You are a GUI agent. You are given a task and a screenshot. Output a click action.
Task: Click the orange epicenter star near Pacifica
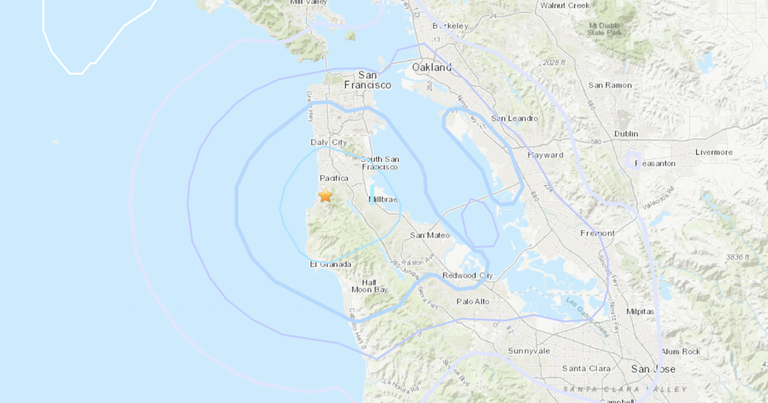(x=325, y=195)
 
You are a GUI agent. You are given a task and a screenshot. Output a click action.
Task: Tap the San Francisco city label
(x=367, y=79)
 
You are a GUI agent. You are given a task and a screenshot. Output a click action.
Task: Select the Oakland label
(x=431, y=67)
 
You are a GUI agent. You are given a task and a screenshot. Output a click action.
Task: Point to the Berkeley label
(x=451, y=26)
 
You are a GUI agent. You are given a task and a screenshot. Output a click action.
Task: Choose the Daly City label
(x=328, y=142)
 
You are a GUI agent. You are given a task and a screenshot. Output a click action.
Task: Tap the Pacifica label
(x=333, y=178)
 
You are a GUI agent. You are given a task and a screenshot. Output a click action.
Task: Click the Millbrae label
(x=383, y=200)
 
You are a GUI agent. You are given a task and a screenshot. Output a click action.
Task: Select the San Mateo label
(x=429, y=235)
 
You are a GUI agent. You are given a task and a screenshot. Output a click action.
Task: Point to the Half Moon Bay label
(x=370, y=286)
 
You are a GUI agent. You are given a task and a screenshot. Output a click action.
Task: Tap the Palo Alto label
(x=473, y=301)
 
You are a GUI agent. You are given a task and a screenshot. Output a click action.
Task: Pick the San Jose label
(x=653, y=369)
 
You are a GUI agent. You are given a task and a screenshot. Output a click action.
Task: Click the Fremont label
(x=597, y=233)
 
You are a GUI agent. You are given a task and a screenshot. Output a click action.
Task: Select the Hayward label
(x=545, y=155)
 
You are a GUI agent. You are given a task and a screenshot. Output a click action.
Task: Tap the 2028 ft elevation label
(x=553, y=62)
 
